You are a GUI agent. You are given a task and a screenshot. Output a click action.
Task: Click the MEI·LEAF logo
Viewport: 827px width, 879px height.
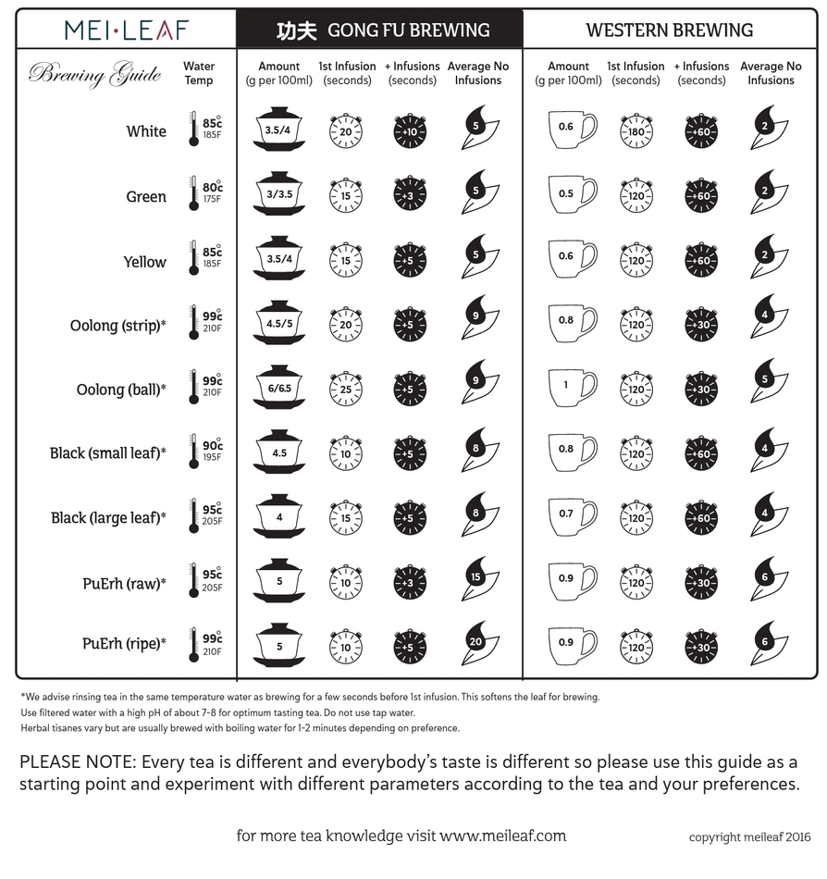(x=126, y=30)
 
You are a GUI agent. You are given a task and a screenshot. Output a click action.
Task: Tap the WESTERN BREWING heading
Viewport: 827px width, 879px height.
(x=669, y=31)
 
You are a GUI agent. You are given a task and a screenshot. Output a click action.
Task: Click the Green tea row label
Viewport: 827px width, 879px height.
(x=146, y=197)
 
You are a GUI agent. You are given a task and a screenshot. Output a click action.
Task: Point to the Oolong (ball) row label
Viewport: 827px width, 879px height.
(x=121, y=390)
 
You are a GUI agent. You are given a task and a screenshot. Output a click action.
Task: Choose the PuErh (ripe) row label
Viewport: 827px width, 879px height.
(x=124, y=643)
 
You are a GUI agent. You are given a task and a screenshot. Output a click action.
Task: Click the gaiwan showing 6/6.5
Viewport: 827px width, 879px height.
(x=278, y=390)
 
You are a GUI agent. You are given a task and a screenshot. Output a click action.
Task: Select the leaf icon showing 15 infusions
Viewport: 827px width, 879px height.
(x=478, y=579)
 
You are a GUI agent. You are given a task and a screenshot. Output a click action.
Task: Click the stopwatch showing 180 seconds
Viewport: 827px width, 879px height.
(x=636, y=131)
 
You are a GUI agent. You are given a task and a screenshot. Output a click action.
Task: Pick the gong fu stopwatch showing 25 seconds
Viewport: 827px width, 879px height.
(x=346, y=390)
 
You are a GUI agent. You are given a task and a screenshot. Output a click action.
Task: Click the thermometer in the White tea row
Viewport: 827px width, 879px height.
(x=193, y=130)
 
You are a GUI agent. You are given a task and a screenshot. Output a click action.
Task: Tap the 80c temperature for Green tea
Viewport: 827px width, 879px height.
(x=213, y=188)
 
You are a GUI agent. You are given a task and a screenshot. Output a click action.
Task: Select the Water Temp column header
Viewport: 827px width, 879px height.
(x=199, y=73)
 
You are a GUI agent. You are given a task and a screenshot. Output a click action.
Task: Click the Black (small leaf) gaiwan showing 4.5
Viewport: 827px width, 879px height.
(x=278, y=453)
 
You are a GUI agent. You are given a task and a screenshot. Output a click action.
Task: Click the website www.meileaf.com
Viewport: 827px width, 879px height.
(x=502, y=836)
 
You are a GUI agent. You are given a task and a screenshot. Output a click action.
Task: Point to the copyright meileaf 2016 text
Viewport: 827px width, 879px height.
(x=749, y=837)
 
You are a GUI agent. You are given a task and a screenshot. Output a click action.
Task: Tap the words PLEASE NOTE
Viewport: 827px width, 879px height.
(x=75, y=762)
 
